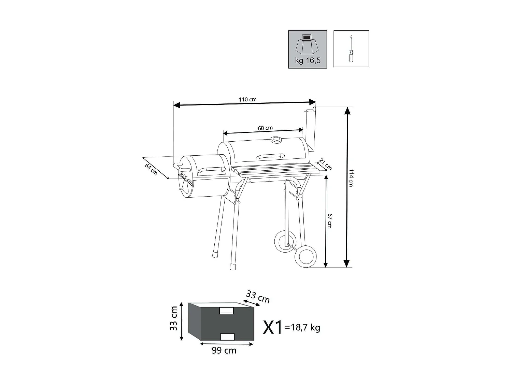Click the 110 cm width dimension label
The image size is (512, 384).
click(247, 100)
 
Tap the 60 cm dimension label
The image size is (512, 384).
click(265, 128)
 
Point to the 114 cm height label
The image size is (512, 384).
click(351, 178)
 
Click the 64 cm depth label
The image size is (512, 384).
click(151, 169)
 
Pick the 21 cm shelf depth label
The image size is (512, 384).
click(325, 164)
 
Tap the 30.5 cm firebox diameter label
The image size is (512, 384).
click(186, 179)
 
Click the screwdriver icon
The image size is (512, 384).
click(351, 49)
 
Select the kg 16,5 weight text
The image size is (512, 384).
click(308, 61)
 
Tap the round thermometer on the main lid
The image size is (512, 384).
click(276, 140)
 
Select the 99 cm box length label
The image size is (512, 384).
click(224, 351)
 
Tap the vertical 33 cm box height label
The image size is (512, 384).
click(174, 318)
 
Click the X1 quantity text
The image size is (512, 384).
click(273, 327)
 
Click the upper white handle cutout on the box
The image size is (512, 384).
click(226, 311)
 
